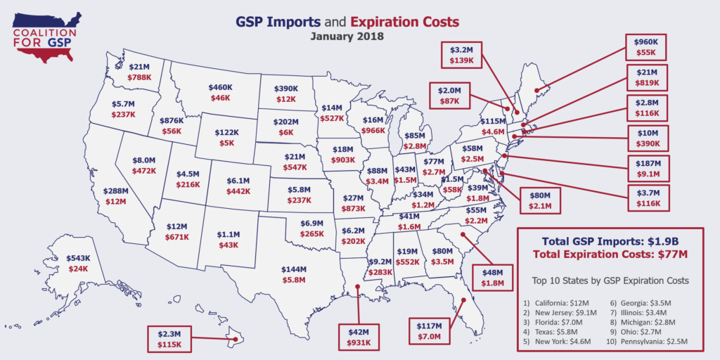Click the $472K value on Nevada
click(x=143, y=170)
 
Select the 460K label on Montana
click(x=221, y=88)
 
